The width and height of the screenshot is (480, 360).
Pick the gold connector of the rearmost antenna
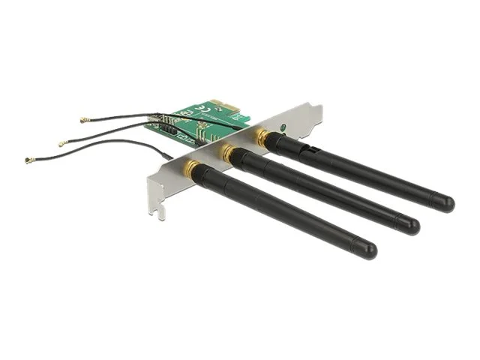click(x=260, y=136)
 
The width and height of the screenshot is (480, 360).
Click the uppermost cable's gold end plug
click(x=83, y=120)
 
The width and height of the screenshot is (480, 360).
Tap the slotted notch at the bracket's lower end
click(x=156, y=211)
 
